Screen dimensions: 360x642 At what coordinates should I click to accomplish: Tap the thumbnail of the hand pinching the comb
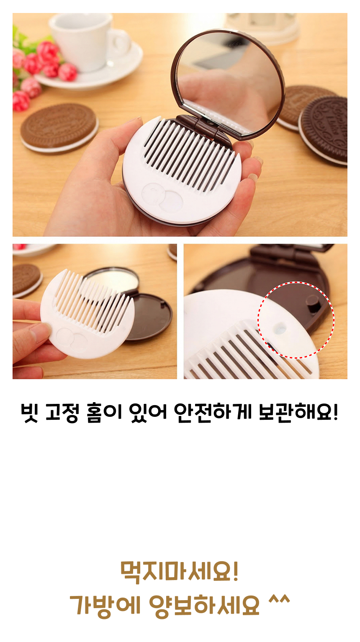tap(95, 311)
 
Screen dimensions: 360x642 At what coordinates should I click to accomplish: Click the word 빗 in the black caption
tap(30, 413)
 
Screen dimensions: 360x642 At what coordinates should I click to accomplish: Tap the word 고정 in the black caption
tap(62, 413)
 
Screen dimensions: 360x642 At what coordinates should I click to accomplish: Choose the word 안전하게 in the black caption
tap(213, 412)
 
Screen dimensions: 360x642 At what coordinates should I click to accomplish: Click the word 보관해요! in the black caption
tap(298, 412)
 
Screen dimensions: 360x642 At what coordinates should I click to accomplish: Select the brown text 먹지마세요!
tap(180, 571)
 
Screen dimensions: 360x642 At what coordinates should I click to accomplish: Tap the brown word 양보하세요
tap(204, 605)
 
